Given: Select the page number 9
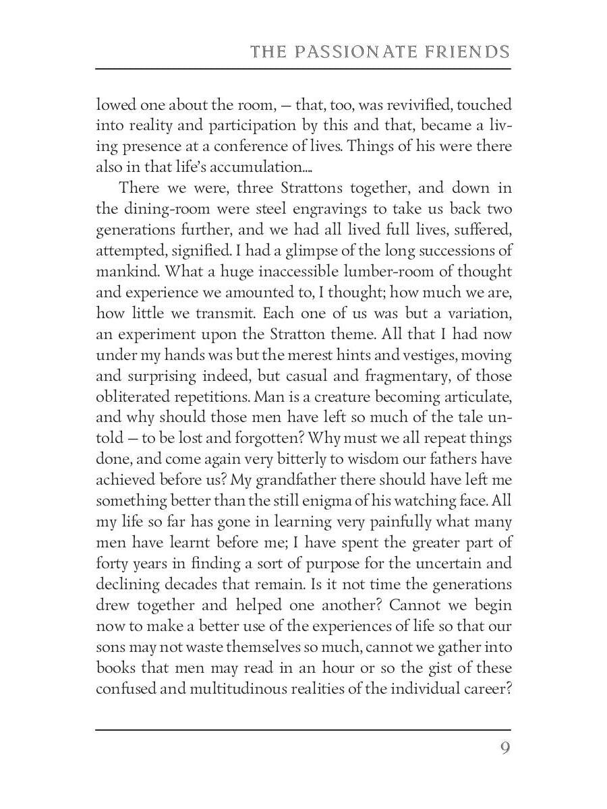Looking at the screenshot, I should point(504,749).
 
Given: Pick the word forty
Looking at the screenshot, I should point(111,563).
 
